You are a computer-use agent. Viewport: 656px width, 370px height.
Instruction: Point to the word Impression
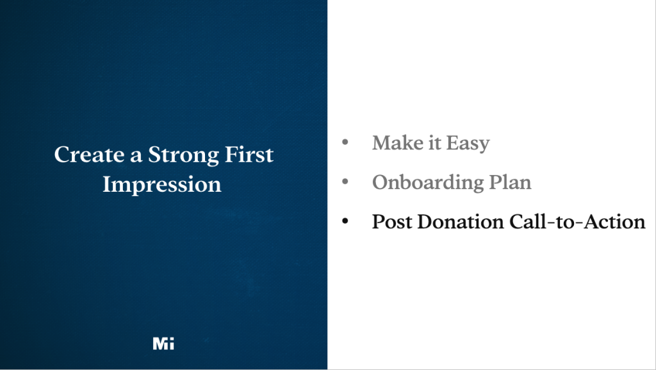162,185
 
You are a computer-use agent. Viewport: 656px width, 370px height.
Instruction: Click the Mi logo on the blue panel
163,344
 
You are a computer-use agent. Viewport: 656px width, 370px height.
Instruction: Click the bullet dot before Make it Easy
345,142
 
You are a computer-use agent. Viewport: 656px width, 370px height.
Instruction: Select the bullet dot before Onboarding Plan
345,183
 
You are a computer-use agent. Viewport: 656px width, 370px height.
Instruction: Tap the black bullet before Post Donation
345,222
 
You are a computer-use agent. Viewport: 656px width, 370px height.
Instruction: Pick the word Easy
468,143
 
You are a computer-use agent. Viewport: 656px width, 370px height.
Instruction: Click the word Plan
509,182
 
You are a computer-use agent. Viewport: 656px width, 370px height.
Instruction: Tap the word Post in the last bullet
392,222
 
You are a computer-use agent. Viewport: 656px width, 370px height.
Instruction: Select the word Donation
461,222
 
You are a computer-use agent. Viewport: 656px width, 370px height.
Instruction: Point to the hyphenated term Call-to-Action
577,222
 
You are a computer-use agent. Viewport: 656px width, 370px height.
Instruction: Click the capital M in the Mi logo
160,344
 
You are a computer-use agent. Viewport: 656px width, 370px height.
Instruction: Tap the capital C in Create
62,155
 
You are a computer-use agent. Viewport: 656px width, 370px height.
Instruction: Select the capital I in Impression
107,184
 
